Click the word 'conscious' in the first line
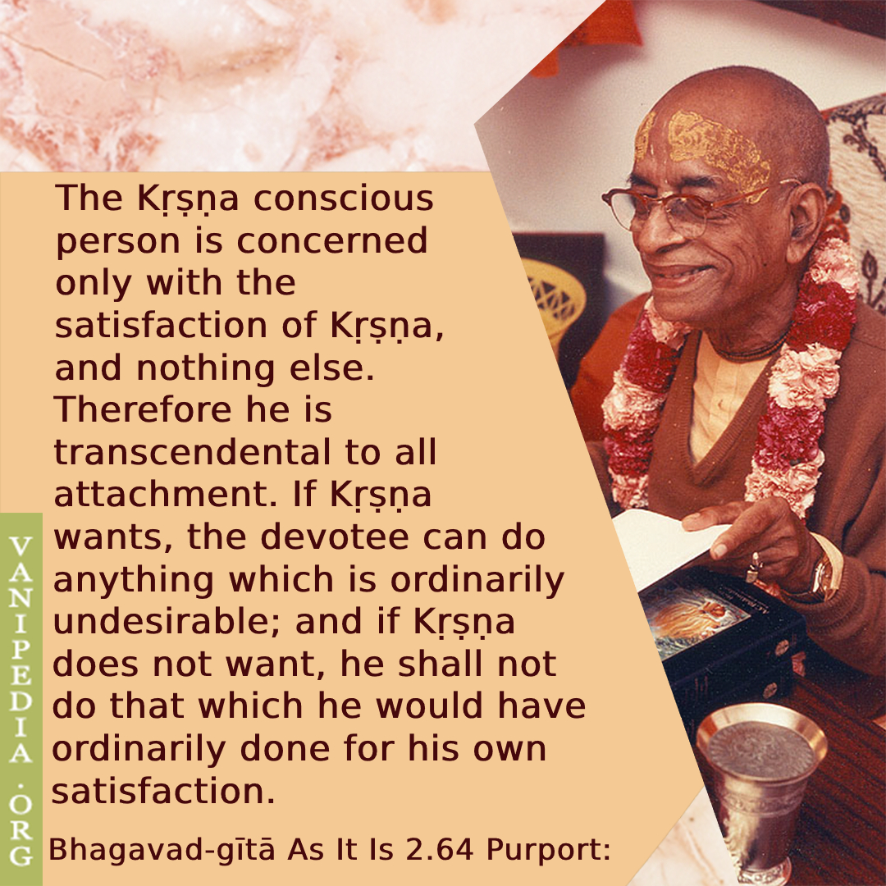click(x=343, y=199)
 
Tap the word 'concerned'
click(x=332, y=240)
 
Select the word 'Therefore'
click(x=143, y=409)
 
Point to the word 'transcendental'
click(x=191, y=452)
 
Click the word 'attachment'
click(x=161, y=495)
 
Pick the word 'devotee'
click(x=335, y=537)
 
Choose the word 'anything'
click(x=134, y=580)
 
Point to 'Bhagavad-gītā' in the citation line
click(x=162, y=851)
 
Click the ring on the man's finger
click(x=754, y=568)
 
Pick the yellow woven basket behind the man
click(x=553, y=297)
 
